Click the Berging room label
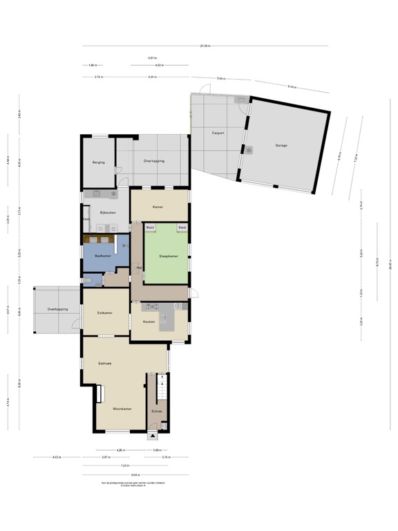click(x=98, y=162)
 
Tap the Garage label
click(x=281, y=145)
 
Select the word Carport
click(x=215, y=131)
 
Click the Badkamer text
click(x=93, y=256)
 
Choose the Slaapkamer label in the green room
click(x=168, y=256)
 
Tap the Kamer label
click(x=158, y=207)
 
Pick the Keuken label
click(x=148, y=322)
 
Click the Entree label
click(x=157, y=412)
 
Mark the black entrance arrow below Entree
click(x=153, y=436)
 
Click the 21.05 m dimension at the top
click(x=205, y=46)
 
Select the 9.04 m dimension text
click(x=135, y=474)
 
